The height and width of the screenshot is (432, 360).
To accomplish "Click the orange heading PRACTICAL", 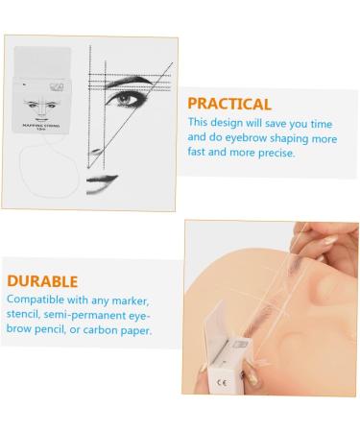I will [x=229, y=104].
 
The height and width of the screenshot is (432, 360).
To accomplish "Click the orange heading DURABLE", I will [x=42, y=281].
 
